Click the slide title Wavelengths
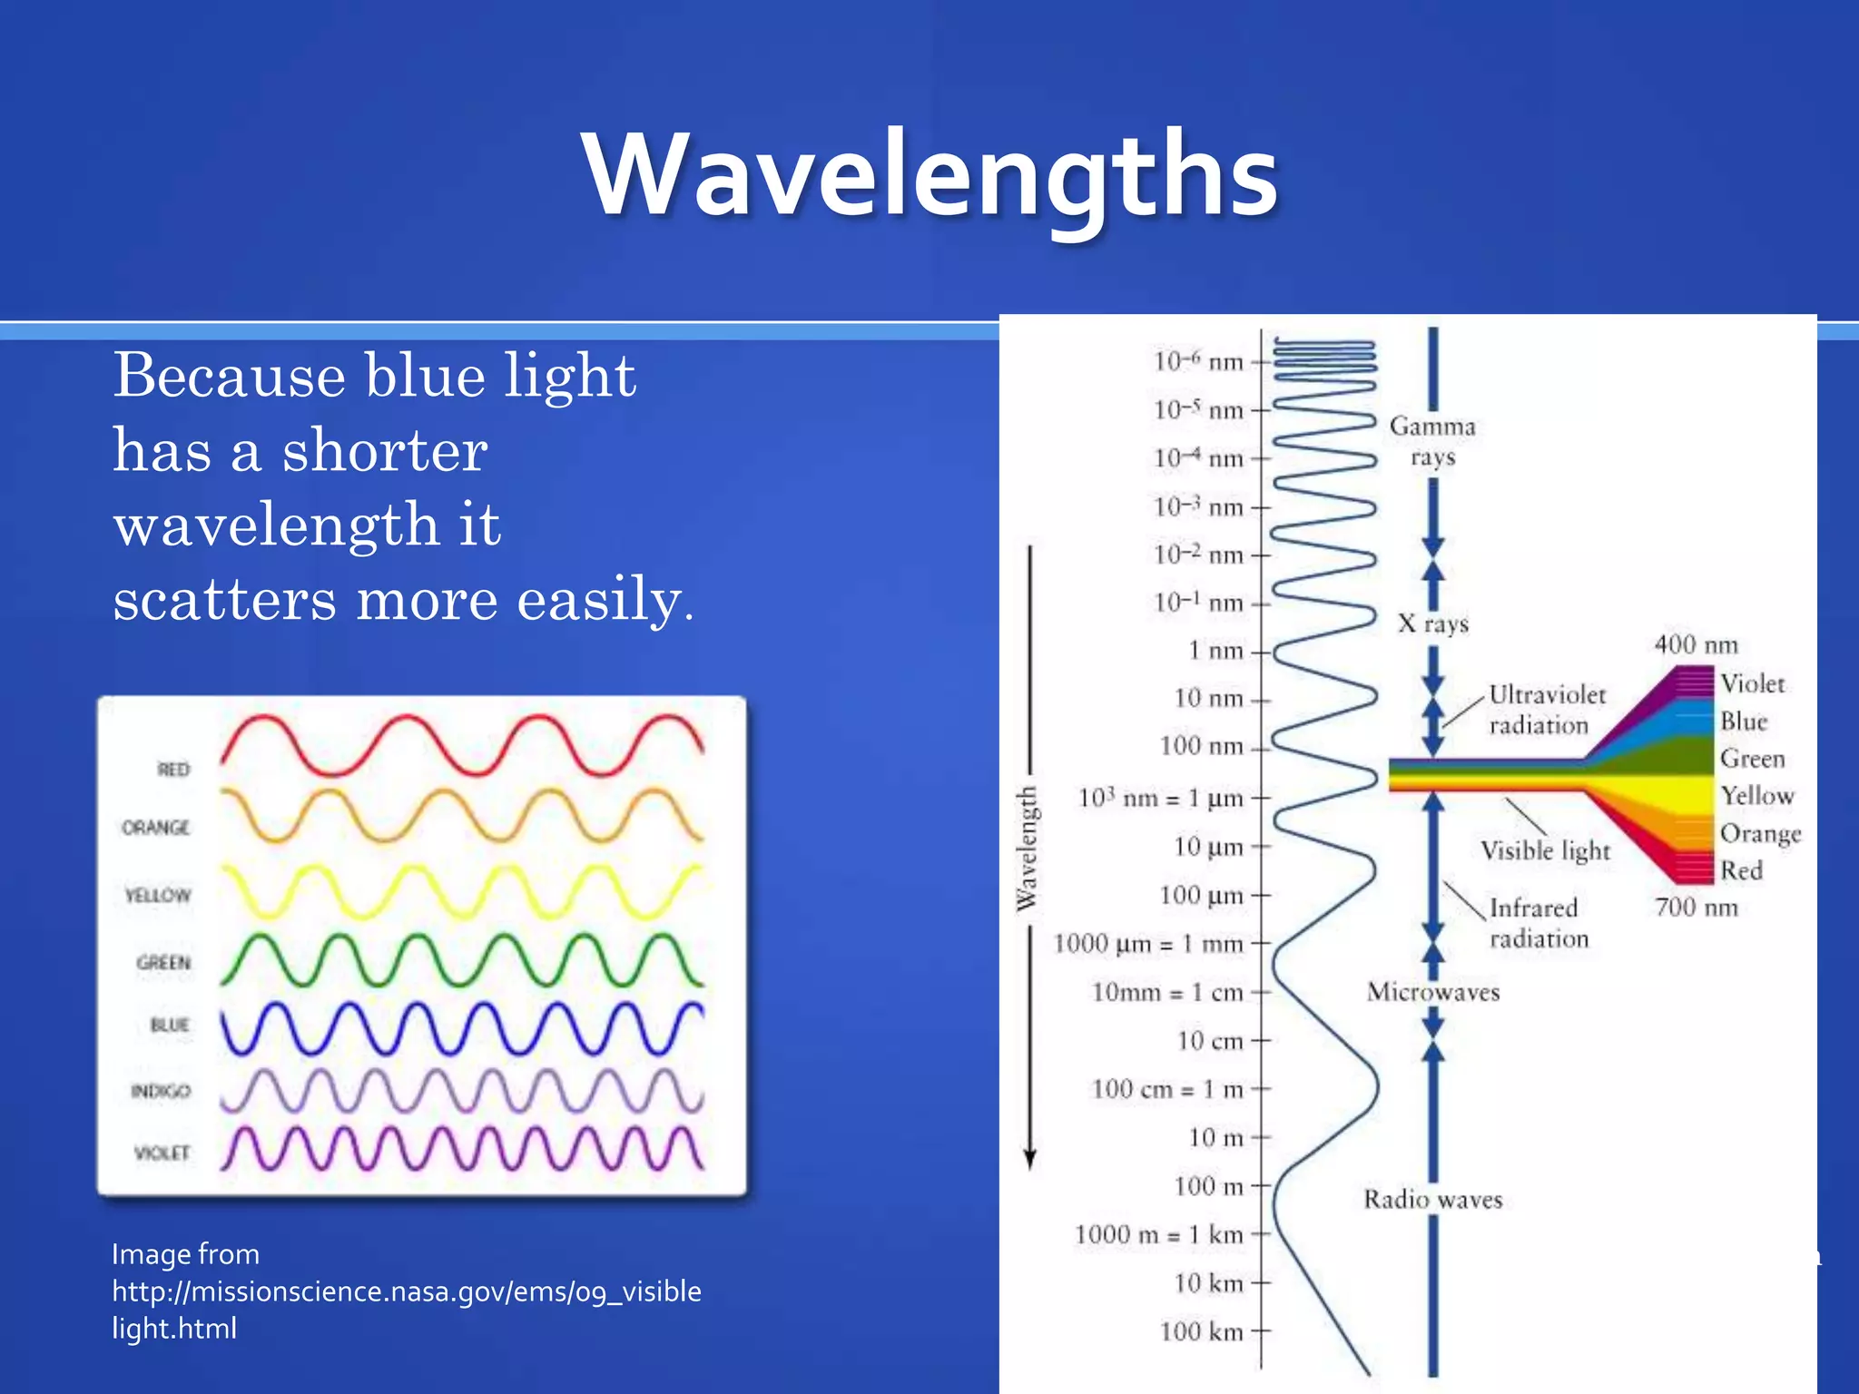click(929, 174)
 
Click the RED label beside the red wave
click(173, 770)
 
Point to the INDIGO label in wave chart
click(161, 1091)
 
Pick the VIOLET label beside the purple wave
click(162, 1153)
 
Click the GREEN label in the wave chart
click(164, 962)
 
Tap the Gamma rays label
click(1432, 441)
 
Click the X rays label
click(1432, 623)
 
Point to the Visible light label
click(1545, 850)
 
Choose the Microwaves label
click(1432, 992)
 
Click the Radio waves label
click(1432, 1200)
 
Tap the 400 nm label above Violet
click(1696, 645)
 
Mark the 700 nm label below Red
click(1696, 908)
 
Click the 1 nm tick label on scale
click(1216, 651)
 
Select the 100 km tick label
click(1201, 1331)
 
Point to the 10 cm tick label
click(1210, 1041)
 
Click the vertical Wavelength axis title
click(1027, 849)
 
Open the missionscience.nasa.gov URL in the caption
click(406, 1291)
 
